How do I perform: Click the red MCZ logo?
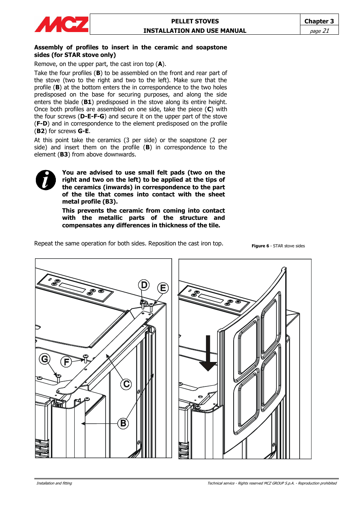pyautogui.click(x=62, y=25)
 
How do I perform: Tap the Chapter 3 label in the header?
pyautogui.click(x=319, y=21)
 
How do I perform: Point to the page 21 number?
pyautogui.click(x=319, y=31)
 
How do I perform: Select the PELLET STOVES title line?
pyautogui.click(x=195, y=21)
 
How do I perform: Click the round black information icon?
pyautogui.click(x=46, y=180)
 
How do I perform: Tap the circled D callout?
pyautogui.click(x=144, y=285)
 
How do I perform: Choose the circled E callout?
pyautogui.click(x=163, y=288)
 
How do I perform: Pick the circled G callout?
pyautogui.click(x=45, y=359)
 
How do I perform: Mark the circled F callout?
pyautogui.click(x=66, y=362)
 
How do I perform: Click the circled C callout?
pyautogui.click(x=126, y=384)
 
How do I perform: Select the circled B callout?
pyautogui.click(x=123, y=423)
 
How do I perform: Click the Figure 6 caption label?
pyautogui.click(x=260, y=246)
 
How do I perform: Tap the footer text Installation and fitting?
pyautogui.click(x=54, y=483)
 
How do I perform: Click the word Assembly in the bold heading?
pyautogui.click(x=48, y=48)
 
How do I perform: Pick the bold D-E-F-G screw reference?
pyautogui.click(x=92, y=117)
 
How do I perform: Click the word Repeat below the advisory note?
pyautogui.click(x=44, y=244)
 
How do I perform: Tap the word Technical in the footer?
pyautogui.click(x=215, y=483)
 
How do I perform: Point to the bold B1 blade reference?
pyautogui.click(x=88, y=102)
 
